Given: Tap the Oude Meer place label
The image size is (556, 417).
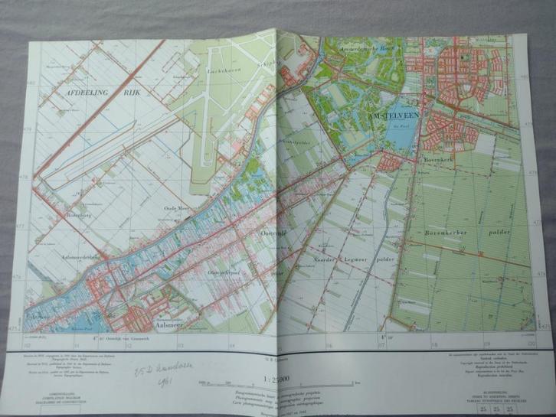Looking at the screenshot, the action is [x=177, y=208].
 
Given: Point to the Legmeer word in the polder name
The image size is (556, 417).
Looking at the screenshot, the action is [x=358, y=262].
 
